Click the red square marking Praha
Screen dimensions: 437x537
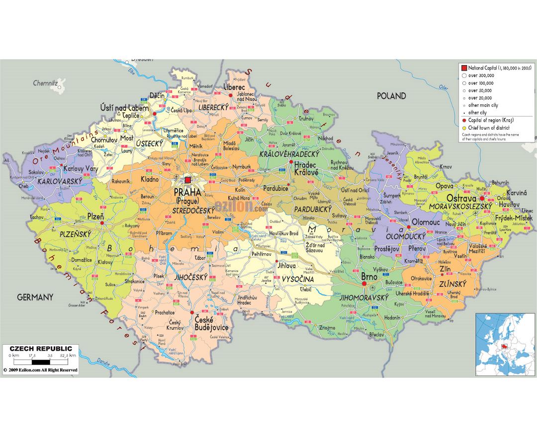point(188,180)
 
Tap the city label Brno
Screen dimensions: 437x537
point(369,277)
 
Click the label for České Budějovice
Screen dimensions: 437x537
point(211,323)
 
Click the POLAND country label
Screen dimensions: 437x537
point(391,96)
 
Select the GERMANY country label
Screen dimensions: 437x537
point(35,297)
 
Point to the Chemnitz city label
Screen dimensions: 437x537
point(46,83)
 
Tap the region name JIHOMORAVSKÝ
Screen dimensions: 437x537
point(364,297)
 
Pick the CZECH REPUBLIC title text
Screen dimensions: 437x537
point(41,349)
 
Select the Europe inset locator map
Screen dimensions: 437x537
point(505,344)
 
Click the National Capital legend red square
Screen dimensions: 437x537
point(464,68)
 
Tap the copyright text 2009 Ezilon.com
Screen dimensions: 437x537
point(41,370)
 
